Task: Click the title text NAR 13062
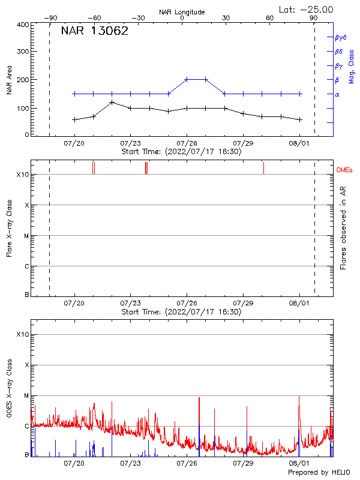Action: (95, 32)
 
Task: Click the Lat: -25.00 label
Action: (307, 10)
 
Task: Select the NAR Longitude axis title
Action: (182, 11)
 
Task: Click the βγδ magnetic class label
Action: (341, 37)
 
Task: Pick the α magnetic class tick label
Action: (337, 94)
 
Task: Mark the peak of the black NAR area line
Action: (112, 103)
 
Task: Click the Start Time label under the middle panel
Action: (181, 311)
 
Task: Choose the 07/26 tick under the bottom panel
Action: (187, 463)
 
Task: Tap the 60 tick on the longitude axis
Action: (270, 18)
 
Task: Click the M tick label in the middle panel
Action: (27, 236)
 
